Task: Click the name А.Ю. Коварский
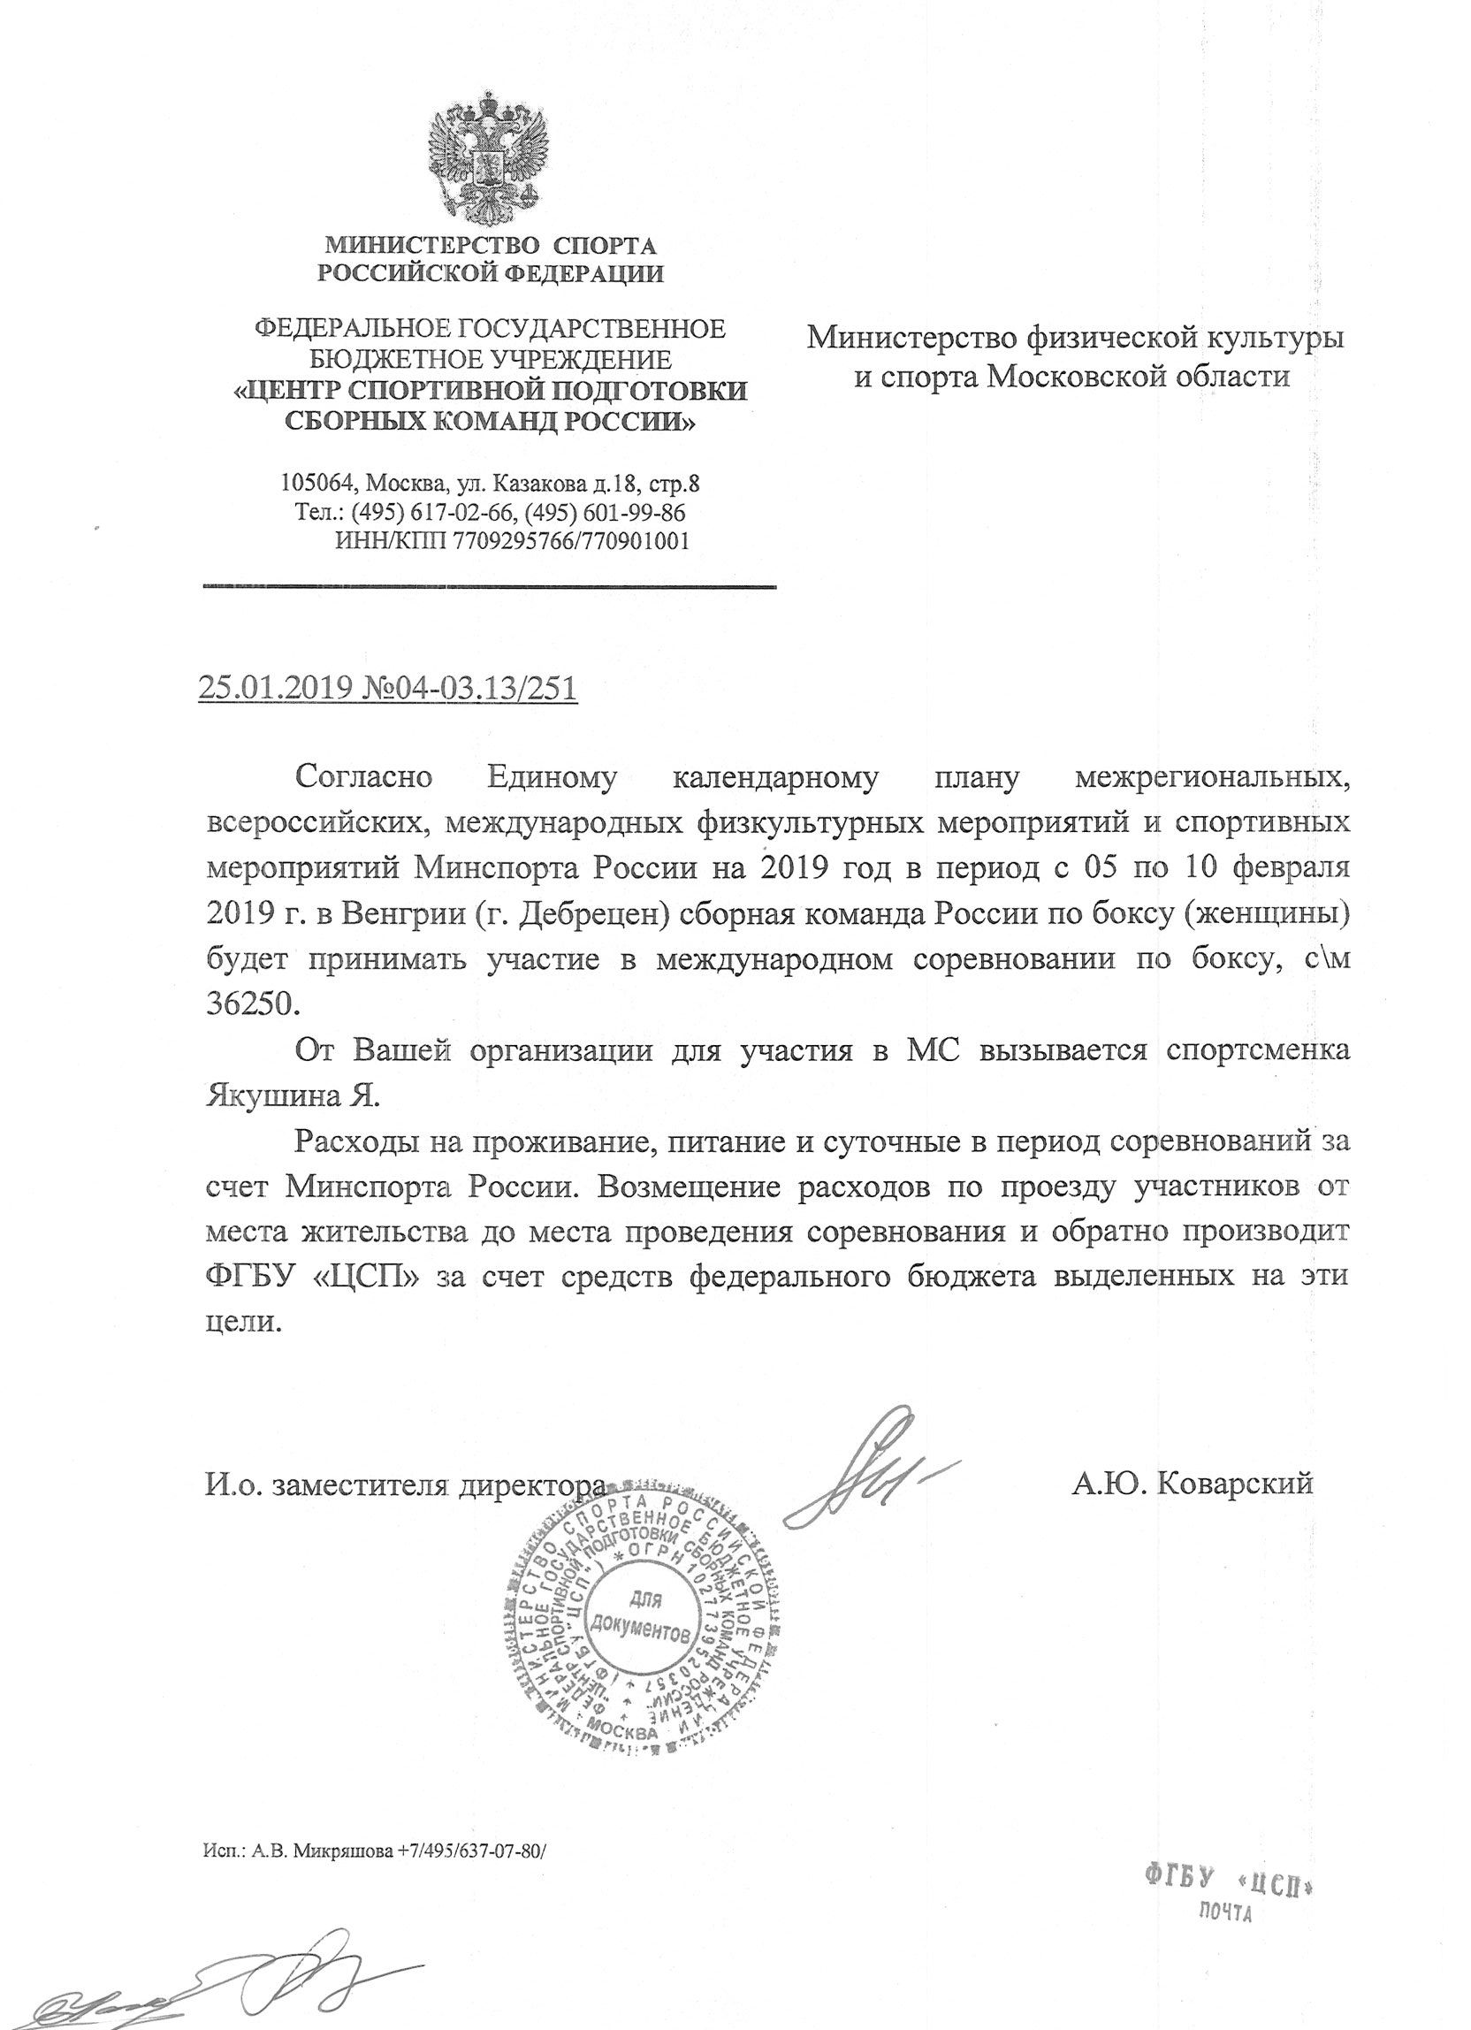pyautogui.click(x=1191, y=1484)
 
